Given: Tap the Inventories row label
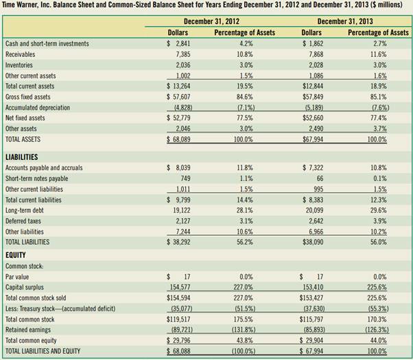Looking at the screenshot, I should click(x=21, y=64).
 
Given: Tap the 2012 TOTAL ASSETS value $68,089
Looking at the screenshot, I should click(x=178, y=139).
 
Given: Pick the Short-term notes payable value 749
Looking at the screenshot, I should click(x=182, y=178).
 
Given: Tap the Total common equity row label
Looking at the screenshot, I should click(x=32, y=341).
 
